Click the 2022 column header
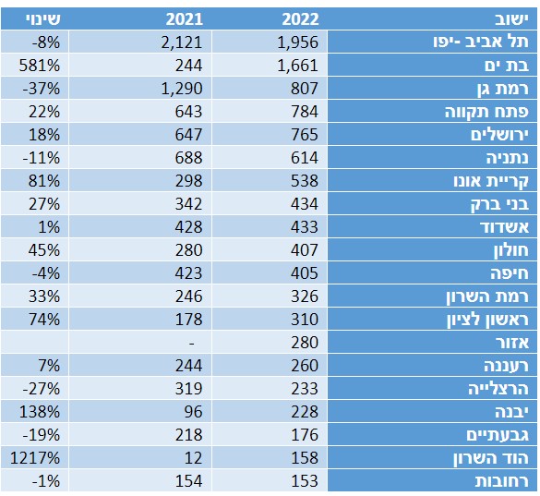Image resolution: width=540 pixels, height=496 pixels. coord(300,19)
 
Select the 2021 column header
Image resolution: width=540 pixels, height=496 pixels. coord(185,19)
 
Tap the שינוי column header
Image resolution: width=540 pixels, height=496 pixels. coord(43,19)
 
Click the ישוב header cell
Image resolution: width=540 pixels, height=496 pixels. coord(511,19)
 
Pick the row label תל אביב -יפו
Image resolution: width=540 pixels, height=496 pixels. coord(481,42)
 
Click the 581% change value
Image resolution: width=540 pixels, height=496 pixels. coord(40,66)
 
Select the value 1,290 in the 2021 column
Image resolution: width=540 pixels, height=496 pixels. coord(182,89)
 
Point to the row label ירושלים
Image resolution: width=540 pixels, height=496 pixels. coord(499,135)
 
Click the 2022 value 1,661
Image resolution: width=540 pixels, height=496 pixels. coord(298,66)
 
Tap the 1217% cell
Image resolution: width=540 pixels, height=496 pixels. coord(35,458)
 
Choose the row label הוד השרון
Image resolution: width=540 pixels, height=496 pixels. coord(491,458)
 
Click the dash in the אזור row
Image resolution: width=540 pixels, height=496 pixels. coord(192,344)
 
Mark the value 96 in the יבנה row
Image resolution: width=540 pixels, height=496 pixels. coord(193,412)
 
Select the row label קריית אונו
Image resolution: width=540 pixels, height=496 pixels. coord(491,181)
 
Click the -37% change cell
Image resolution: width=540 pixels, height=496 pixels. coord(42,89)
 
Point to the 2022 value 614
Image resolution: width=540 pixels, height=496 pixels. coord(305,158)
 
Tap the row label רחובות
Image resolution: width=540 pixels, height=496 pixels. coord(502,481)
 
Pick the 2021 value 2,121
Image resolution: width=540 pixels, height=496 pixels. coord(182,42)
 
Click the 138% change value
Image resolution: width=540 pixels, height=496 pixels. coord(40,412)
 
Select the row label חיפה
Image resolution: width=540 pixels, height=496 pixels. coord(510,273)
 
